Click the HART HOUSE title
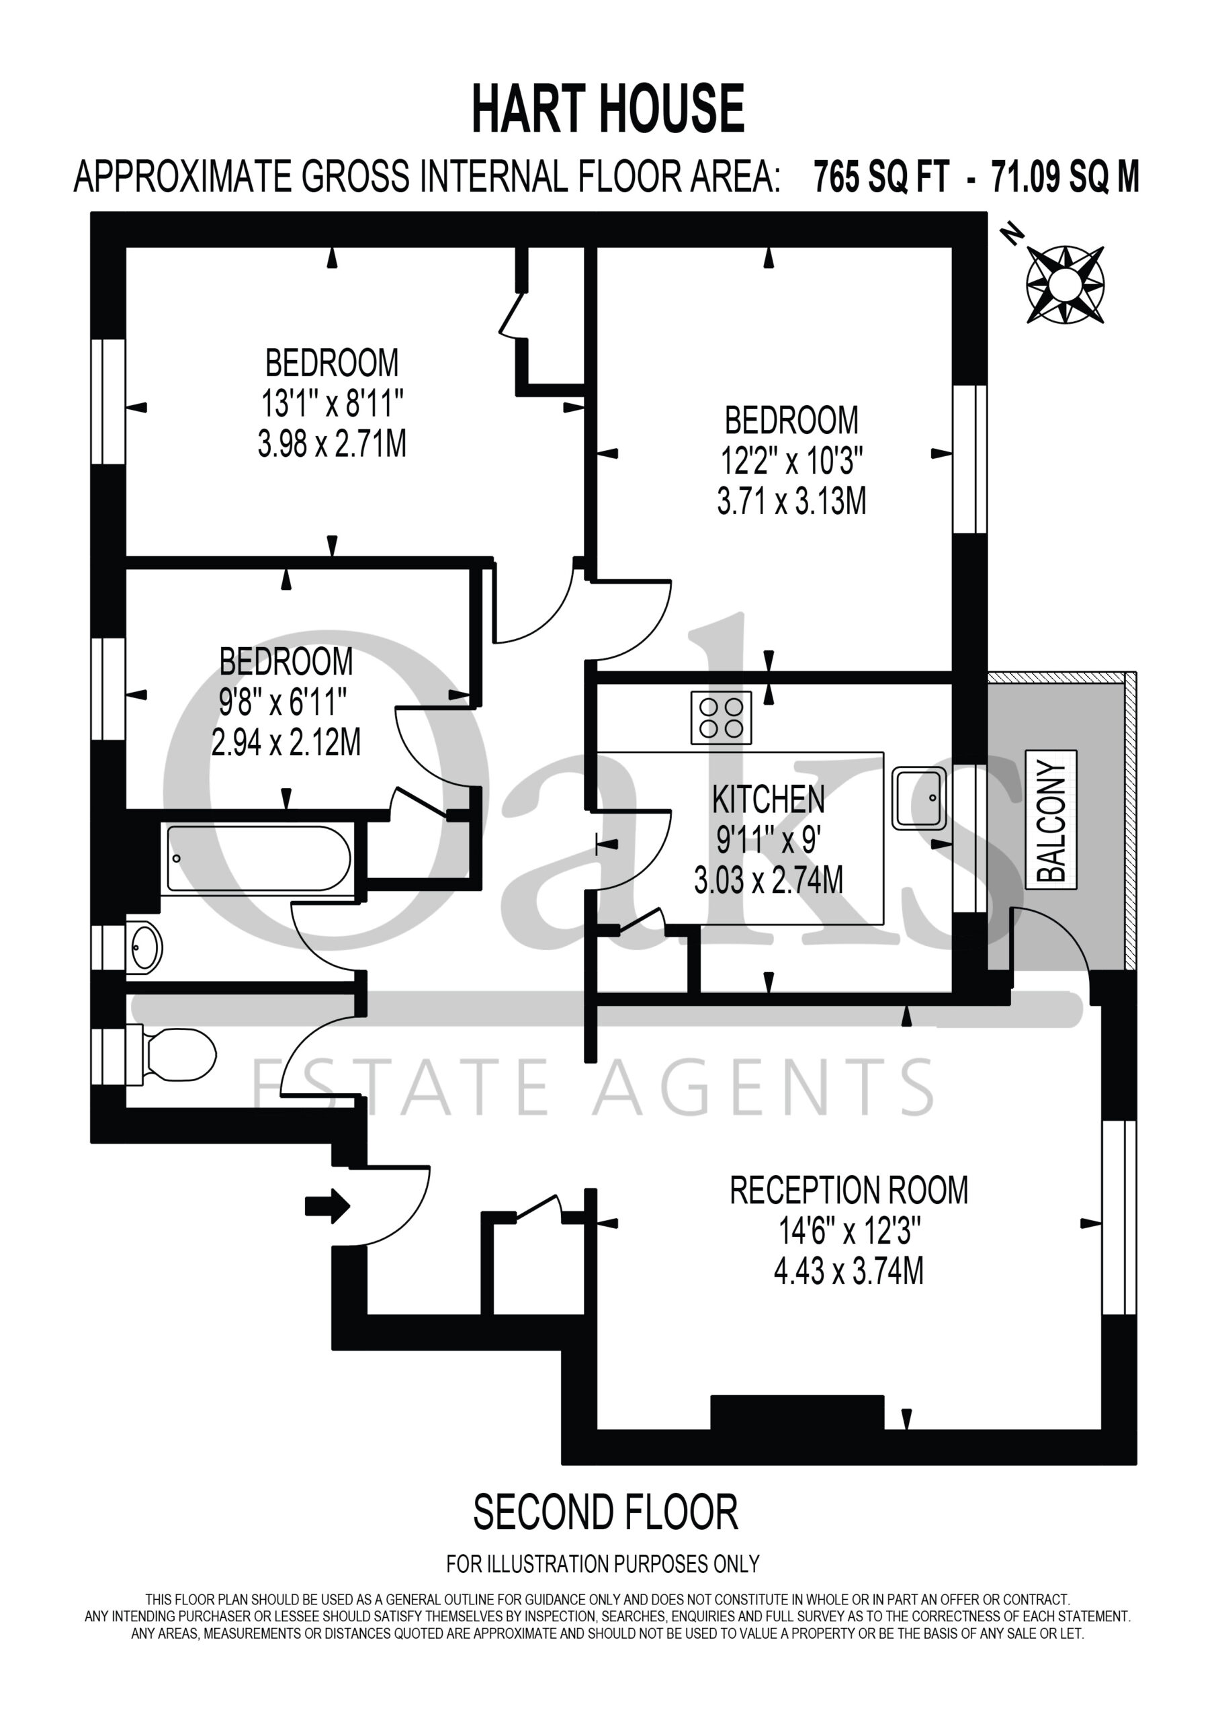(607, 110)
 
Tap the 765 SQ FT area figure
(881, 177)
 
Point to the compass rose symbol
(1065, 285)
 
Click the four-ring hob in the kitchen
(721, 717)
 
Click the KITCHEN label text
(768, 800)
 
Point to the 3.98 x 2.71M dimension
(332, 444)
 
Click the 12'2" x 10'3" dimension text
(791, 461)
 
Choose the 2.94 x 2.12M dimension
(286, 742)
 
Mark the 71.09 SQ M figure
(1065, 177)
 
